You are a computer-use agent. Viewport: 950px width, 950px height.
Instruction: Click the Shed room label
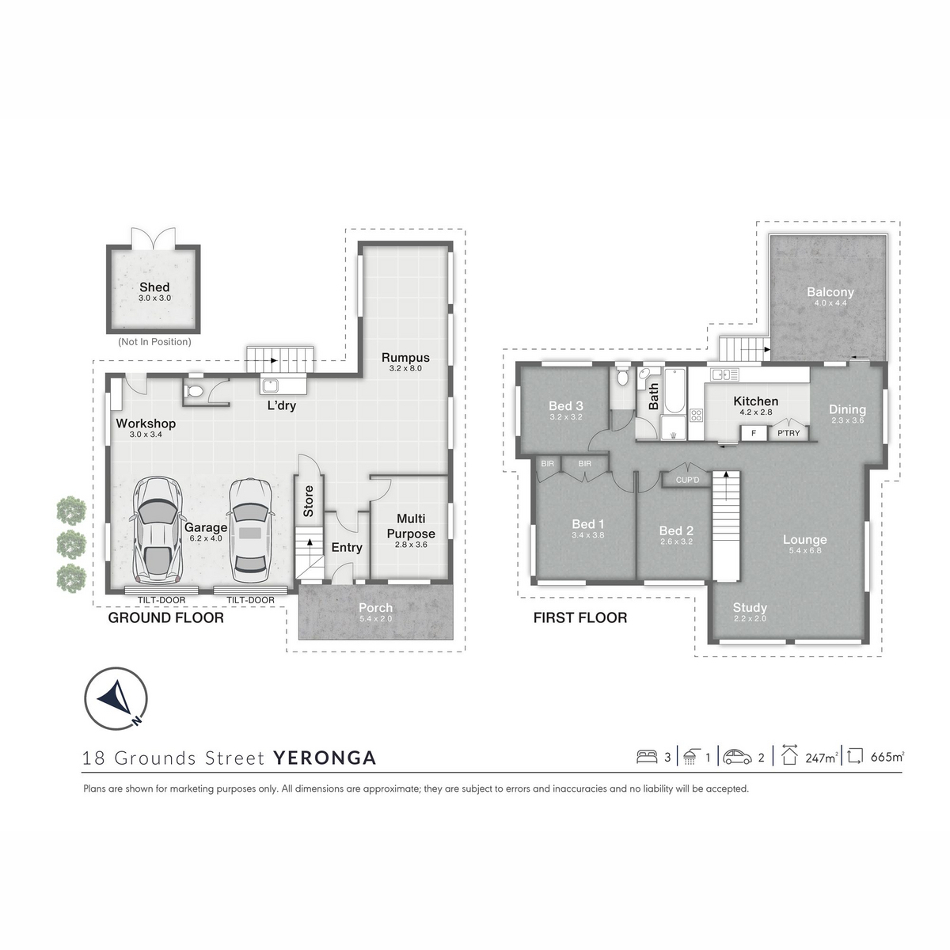(x=154, y=287)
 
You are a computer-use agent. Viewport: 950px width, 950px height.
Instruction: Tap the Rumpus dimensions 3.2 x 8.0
(x=405, y=368)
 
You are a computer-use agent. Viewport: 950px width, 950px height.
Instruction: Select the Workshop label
(x=146, y=424)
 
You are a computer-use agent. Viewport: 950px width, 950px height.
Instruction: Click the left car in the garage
(x=157, y=531)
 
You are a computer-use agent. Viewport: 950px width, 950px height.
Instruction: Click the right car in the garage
(x=250, y=531)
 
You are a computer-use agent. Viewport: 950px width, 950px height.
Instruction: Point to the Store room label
(x=308, y=501)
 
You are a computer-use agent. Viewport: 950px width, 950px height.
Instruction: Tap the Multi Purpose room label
(x=411, y=526)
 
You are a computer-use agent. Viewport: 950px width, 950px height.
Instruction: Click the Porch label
(x=376, y=608)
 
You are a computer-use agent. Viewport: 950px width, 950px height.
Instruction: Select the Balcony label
(x=830, y=292)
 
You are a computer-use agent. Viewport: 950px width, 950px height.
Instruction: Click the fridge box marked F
(x=754, y=433)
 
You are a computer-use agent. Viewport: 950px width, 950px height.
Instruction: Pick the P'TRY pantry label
(x=788, y=433)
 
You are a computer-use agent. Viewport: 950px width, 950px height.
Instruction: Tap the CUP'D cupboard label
(x=687, y=480)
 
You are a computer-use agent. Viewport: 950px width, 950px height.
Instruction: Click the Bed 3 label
(x=566, y=406)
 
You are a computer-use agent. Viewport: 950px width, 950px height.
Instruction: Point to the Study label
(x=750, y=608)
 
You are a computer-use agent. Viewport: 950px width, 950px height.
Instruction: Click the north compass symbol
(x=116, y=698)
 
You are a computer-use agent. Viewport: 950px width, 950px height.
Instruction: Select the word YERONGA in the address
(x=325, y=758)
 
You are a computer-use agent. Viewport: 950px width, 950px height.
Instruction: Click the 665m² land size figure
(x=887, y=757)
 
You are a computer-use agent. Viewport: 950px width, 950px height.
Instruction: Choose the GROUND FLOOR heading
(x=165, y=617)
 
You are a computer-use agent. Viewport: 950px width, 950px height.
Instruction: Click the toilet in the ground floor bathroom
(x=194, y=392)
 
